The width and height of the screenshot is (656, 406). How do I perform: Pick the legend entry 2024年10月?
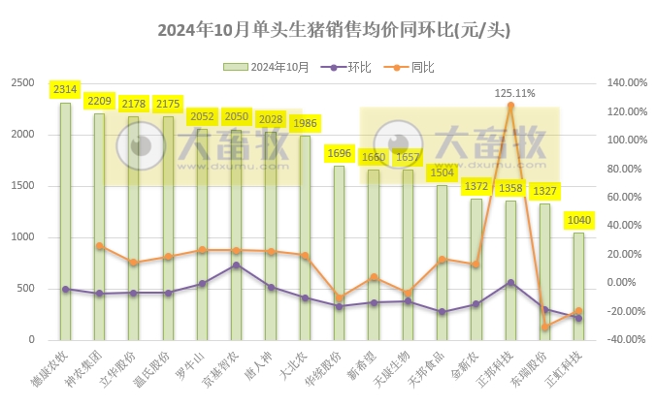point(269,67)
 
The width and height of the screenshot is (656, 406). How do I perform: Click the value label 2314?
point(65,89)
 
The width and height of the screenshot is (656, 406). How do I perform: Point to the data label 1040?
point(578,220)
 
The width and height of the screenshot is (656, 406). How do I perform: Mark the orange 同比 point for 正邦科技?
point(510,105)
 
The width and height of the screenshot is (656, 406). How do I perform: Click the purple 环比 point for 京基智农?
point(236,265)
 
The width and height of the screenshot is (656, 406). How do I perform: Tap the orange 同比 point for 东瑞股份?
point(544,327)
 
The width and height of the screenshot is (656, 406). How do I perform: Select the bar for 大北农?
point(305,237)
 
